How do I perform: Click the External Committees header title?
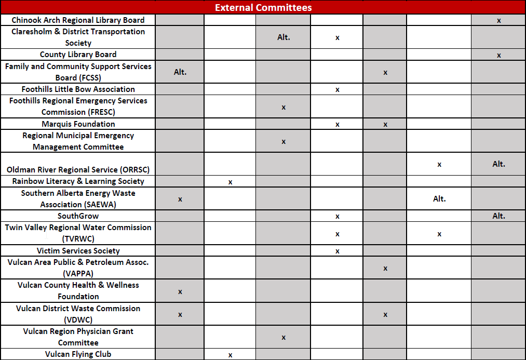pyautogui.click(x=263, y=7)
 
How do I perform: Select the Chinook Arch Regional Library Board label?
pyautogui.click(x=78, y=20)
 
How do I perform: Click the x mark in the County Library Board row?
pyautogui.click(x=498, y=55)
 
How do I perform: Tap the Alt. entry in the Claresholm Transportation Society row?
pyautogui.click(x=284, y=37)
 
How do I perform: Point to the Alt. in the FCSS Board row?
pyautogui.click(x=180, y=72)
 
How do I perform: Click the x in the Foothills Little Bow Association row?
pyautogui.click(x=337, y=90)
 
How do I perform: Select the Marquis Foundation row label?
pyautogui.click(x=78, y=124)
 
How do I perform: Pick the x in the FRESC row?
pyautogui.click(x=283, y=107)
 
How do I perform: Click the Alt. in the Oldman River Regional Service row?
pyautogui.click(x=498, y=164)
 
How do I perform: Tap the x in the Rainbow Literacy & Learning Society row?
pyautogui.click(x=230, y=182)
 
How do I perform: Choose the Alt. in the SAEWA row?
pyautogui.click(x=439, y=199)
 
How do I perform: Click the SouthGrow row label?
pyautogui.click(x=78, y=216)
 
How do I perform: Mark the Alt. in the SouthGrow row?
pyautogui.click(x=498, y=216)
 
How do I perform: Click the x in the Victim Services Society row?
pyautogui.click(x=337, y=251)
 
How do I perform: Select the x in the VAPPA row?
pyautogui.click(x=385, y=269)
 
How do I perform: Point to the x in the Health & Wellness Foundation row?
pyautogui.click(x=180, y=291)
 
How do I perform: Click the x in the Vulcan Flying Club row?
pyautogui.click(x=230, y=355)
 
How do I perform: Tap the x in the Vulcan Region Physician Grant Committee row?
pyautogui.click(x=283, y=338)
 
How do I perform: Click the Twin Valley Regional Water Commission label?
pyautogui.click(x=78, y=233)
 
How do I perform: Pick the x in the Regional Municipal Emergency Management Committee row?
pyautogui.click(x=283, y=141)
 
